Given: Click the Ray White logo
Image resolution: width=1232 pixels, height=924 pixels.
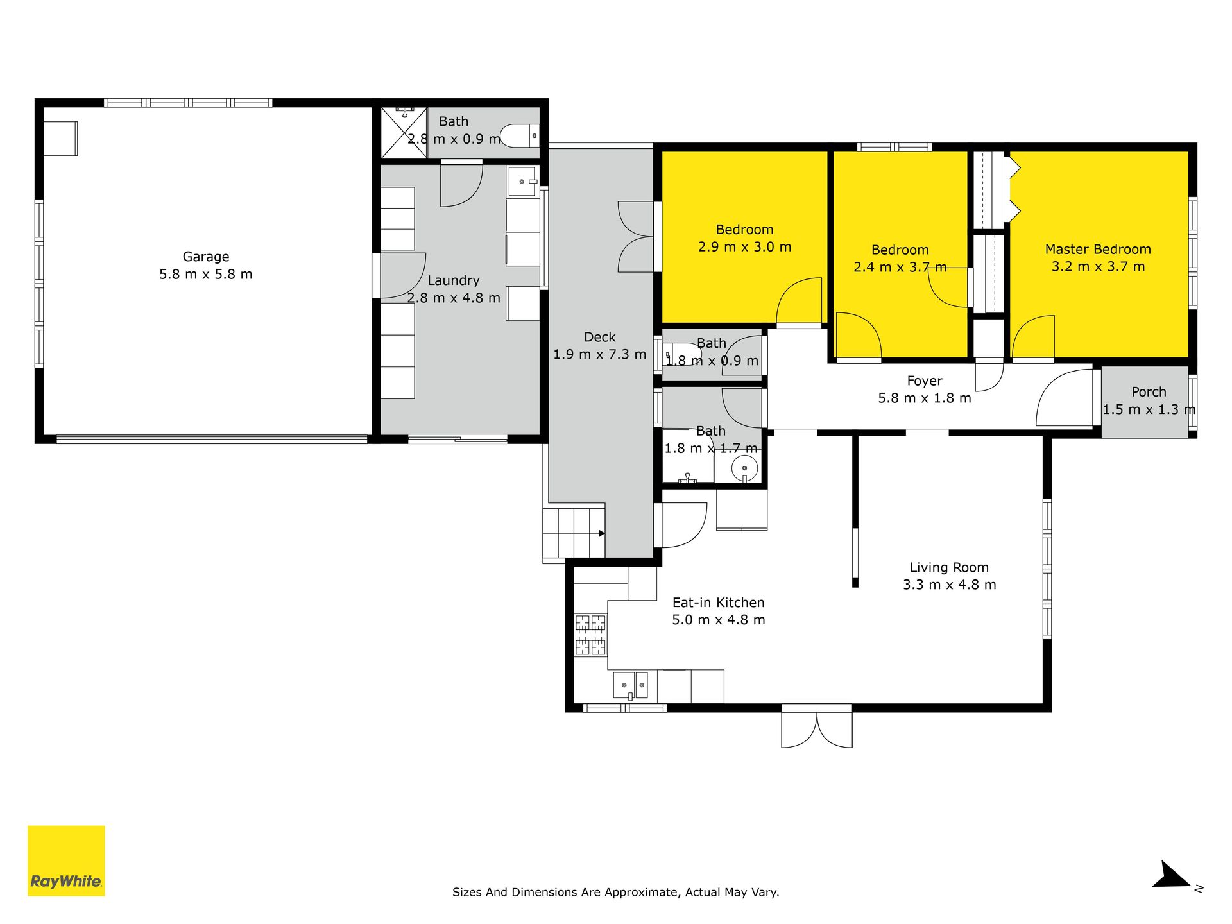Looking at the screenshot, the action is coord(66,860).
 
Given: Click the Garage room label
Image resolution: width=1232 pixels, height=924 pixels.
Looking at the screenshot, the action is coord(206,257).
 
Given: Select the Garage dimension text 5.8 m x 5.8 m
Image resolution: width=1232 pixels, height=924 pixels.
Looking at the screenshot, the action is coord(206,275).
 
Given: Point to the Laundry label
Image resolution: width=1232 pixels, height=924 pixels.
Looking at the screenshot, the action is coord(454,280).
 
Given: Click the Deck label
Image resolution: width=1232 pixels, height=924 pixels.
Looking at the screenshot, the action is coord(600,337).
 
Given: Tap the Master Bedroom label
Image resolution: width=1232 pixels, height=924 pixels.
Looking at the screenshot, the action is coord(1098,249).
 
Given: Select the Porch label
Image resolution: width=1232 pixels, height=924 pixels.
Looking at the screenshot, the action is coord(1149,391).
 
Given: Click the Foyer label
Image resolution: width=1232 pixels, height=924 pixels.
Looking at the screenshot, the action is coord(925,381).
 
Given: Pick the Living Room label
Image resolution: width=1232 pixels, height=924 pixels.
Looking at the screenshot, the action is coord(949,568).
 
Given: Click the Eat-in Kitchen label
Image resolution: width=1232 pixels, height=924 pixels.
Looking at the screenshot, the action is coord(719,603).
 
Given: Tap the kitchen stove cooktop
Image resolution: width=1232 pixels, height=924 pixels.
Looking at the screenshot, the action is coord(590,635).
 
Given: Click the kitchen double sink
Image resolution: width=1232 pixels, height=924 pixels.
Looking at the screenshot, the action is coord(631,685).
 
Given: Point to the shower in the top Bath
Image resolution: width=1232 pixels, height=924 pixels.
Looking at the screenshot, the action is coord(404,133).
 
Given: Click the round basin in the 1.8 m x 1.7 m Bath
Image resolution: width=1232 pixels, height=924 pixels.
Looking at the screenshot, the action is coord(744,468).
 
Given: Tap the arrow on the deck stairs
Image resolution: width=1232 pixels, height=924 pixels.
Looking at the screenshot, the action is coord(601,533).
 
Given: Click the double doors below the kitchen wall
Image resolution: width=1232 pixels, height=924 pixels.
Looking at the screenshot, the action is coord(817,729).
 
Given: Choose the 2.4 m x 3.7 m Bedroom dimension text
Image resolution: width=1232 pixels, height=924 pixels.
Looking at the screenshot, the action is coord(900,267).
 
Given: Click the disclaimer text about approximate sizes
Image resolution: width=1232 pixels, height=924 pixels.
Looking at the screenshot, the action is coord(616,892).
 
